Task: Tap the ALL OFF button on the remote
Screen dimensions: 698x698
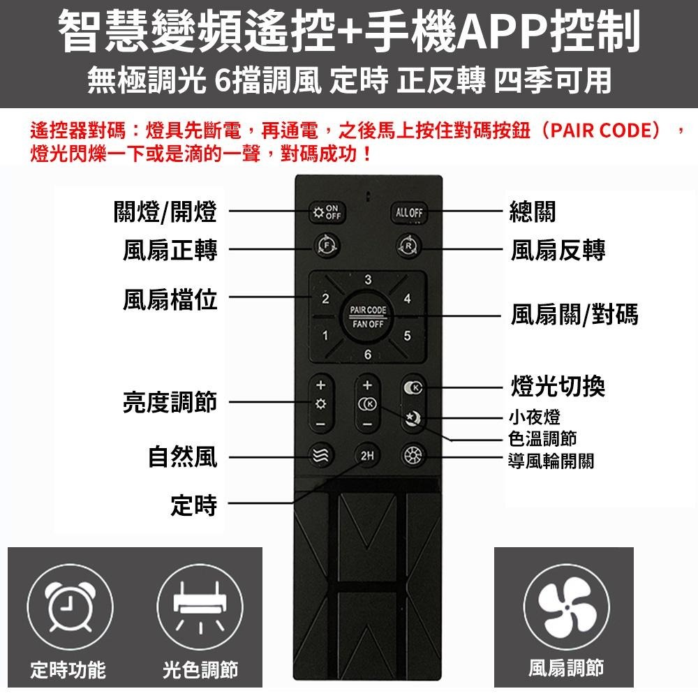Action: (408, 212)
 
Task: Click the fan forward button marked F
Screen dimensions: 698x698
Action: (326, 245)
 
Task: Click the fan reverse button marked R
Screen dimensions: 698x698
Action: (408, 245)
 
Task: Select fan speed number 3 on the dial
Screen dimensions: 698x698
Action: (367, 281)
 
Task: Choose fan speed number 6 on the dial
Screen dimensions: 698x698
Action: (367, 355)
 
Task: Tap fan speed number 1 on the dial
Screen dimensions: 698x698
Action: (325, 336)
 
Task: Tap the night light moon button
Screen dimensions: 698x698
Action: (412, 418)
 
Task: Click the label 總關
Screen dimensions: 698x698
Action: (533, 212)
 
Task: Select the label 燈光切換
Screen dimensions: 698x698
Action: (558, 386)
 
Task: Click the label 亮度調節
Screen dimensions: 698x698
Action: (170, 403)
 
